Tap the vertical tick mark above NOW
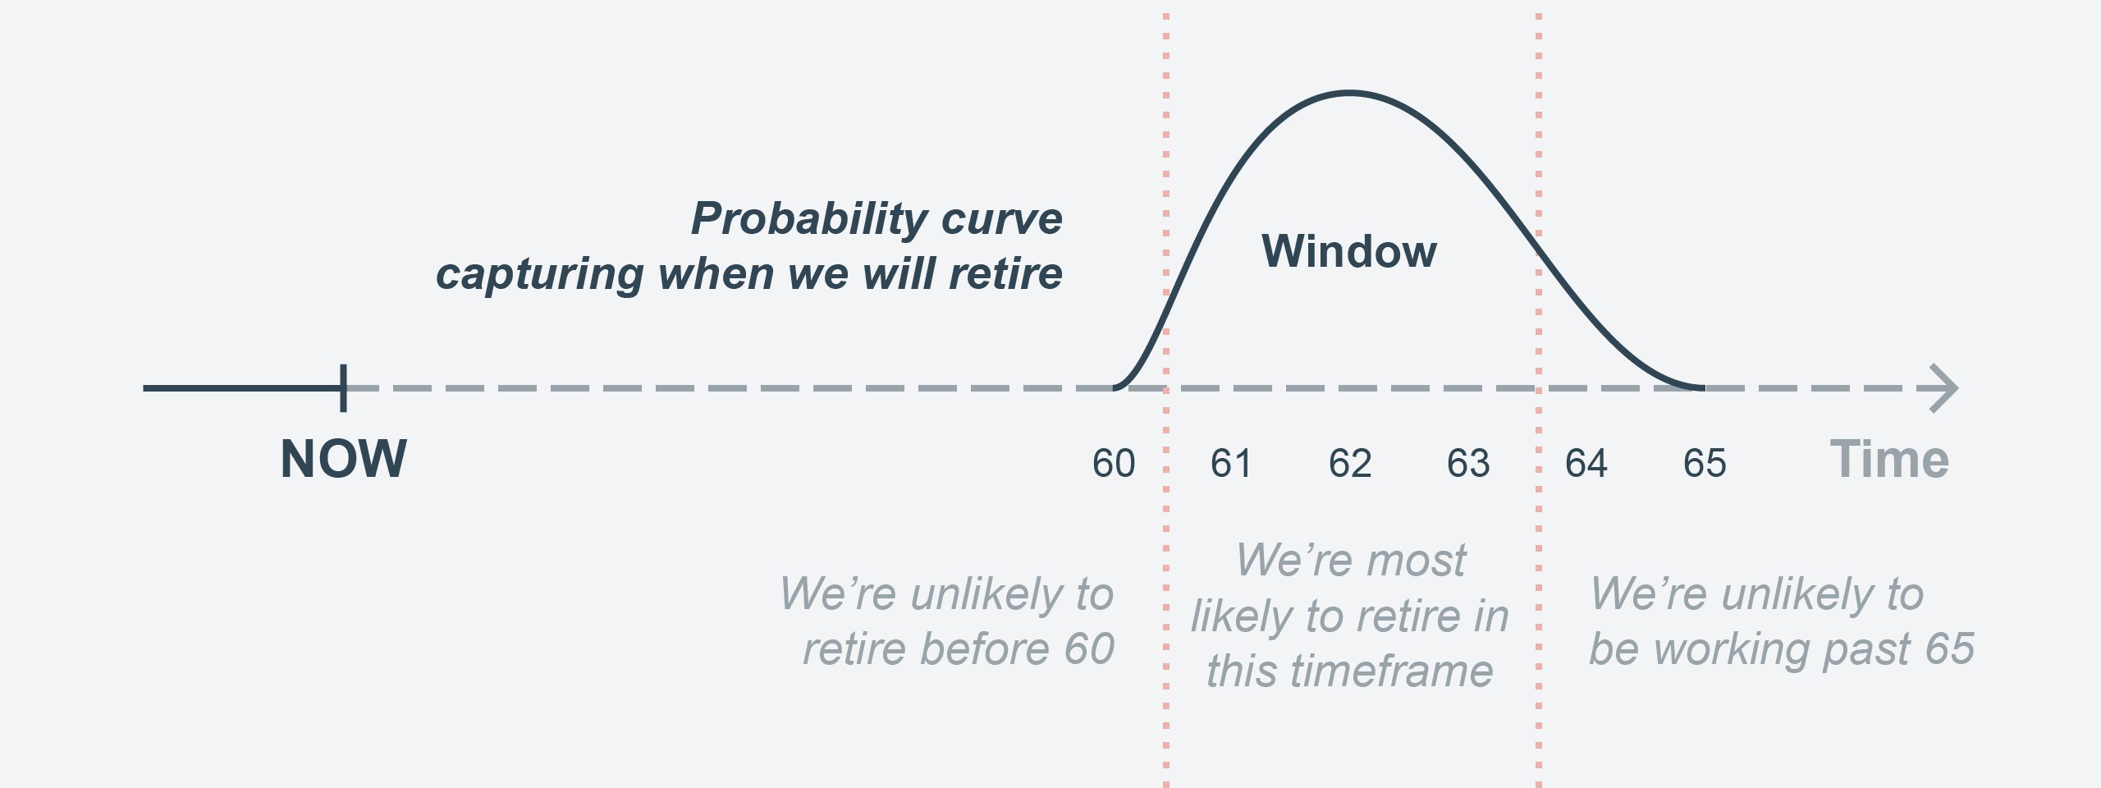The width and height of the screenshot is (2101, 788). (x=343, y=387)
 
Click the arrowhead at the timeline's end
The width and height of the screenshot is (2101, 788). (x=1944, y=387)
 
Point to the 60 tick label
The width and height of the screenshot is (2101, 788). (x=1114, y=464)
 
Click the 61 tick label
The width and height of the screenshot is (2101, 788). (x=1231, y=464)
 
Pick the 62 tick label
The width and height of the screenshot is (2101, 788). (x=1350, y=464)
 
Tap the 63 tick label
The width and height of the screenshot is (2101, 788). (x=1468, y=464)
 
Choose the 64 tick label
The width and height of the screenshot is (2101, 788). (x=1586, y=464)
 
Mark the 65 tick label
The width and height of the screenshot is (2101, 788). (x=1705, y=464)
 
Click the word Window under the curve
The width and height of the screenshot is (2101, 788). (x=1349, y=250)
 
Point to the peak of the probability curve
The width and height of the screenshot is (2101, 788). (x=1350, y=93)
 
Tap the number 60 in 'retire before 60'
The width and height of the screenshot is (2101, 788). (x=1089, y=648)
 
